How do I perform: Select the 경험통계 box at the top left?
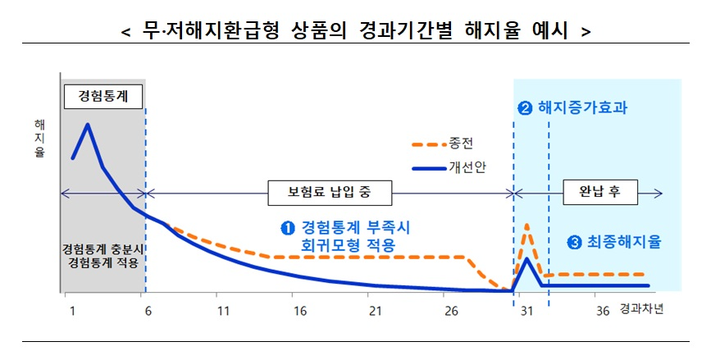(103, 95)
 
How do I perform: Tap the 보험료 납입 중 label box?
(328, 194)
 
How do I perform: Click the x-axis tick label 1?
(72, 312)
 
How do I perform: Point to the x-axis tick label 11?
(222, 312)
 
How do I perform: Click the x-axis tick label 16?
(299, 312)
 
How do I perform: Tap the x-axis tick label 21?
(375, 312)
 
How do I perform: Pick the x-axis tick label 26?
(450, 312)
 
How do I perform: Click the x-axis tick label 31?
(526, 312)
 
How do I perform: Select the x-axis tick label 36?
(603, 312)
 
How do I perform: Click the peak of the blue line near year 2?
(87, 124)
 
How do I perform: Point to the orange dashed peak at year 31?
(526, 225)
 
